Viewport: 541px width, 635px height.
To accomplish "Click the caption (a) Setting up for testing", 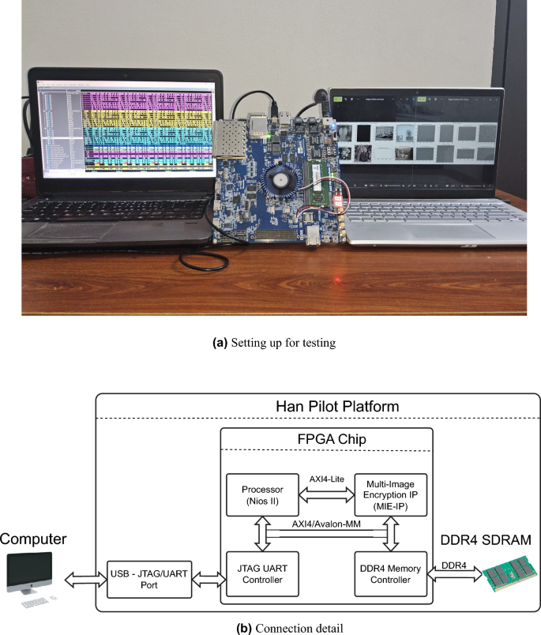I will (x=270, y=343).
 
